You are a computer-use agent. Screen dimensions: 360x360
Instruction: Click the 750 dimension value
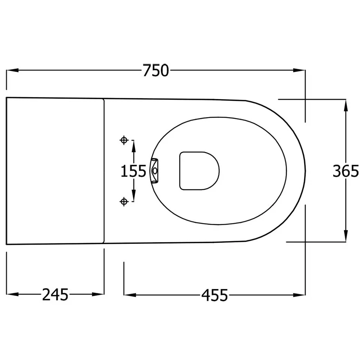click(156, 70)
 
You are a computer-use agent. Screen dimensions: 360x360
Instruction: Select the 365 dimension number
click(346, 171)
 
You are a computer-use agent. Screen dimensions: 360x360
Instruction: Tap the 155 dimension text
click(133, 171)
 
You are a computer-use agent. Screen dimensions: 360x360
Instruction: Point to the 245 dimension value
click(55, 295)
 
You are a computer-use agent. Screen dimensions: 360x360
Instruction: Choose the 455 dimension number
click(214, 295)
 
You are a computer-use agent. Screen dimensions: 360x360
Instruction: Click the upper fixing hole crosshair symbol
click(124, 140)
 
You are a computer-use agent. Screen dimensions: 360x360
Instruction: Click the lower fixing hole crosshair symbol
click(124, 202)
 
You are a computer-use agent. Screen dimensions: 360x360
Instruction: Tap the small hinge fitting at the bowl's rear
click(154, 171)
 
